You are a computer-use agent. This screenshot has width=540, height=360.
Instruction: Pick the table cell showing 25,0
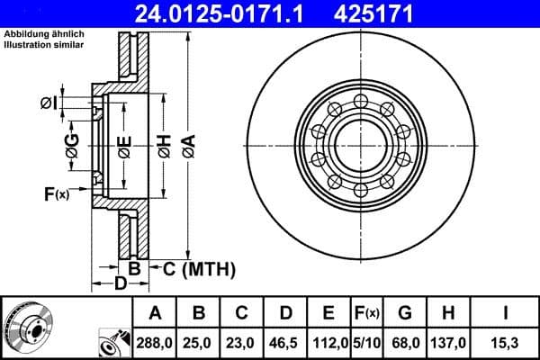[x=199, y=343]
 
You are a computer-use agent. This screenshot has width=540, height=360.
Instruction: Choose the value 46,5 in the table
[x=285, y=343]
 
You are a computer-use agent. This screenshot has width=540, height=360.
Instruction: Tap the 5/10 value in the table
[x=366, y=343]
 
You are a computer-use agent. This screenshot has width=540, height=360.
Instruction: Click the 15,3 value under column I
[x=507, y=343]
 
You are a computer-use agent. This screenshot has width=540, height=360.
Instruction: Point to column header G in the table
[x=405, y=313]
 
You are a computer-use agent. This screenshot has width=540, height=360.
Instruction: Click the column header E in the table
[x=328, y=313]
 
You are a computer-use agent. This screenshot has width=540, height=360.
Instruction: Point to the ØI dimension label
[x=50, y=102]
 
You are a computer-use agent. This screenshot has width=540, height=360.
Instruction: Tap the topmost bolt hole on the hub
[x=360, y=100]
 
